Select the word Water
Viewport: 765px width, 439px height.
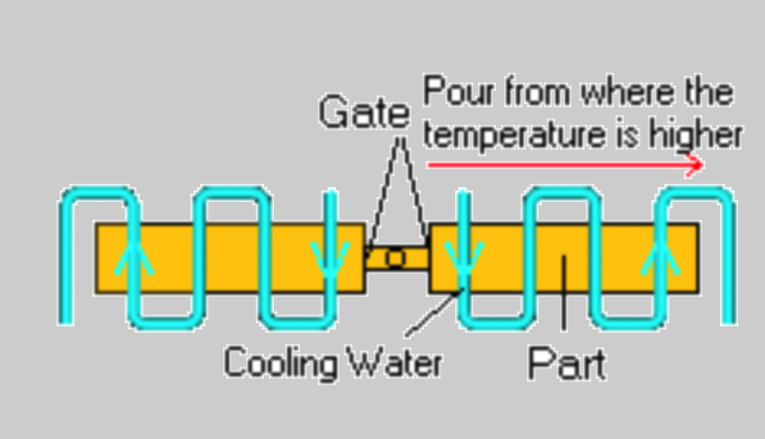pos(393,362)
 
